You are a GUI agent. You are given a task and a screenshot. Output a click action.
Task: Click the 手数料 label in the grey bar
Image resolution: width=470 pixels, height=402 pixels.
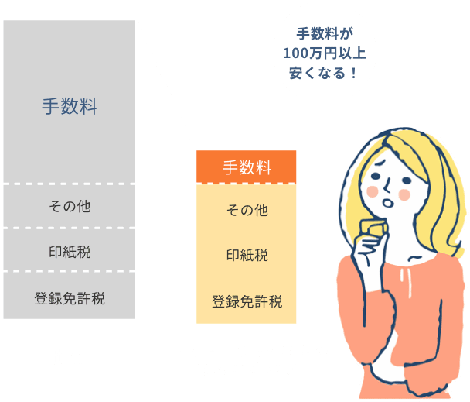(70, 107)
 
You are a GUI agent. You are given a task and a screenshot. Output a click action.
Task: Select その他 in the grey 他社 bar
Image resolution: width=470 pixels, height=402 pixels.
(70, 206)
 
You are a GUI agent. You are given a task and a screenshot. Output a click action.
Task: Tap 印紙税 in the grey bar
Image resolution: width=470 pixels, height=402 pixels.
(70, 250)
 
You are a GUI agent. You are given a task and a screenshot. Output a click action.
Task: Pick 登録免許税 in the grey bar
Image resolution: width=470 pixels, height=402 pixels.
(70, 297)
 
